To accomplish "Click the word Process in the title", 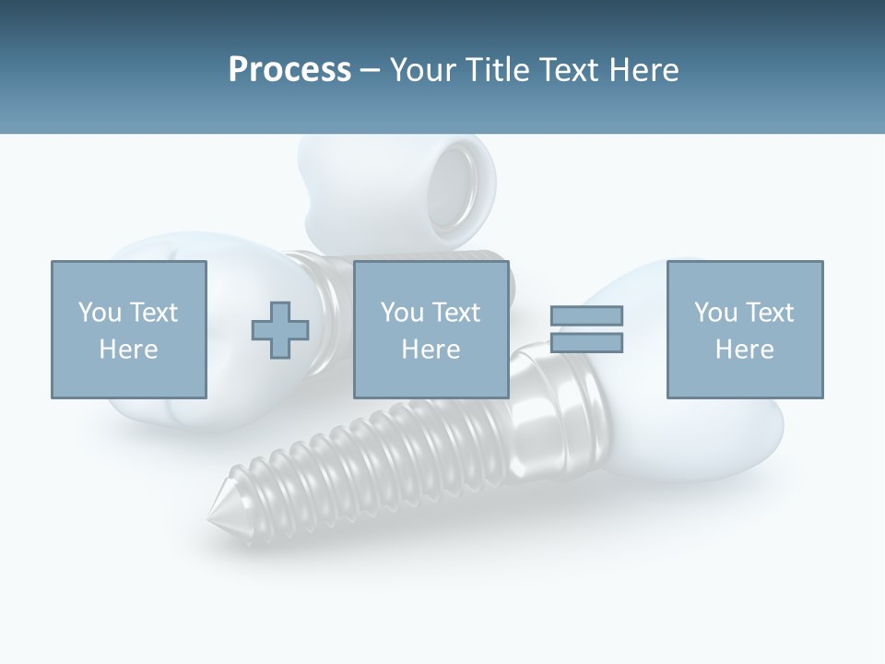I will [289, 70].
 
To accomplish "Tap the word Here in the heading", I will [643, 70].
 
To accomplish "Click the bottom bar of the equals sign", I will [586, 343].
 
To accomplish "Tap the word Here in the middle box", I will [431, 350].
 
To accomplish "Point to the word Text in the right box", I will [769, 313].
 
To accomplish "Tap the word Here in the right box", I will [744, 350].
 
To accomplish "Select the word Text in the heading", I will [568, 70].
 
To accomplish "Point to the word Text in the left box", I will [153, 313].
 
